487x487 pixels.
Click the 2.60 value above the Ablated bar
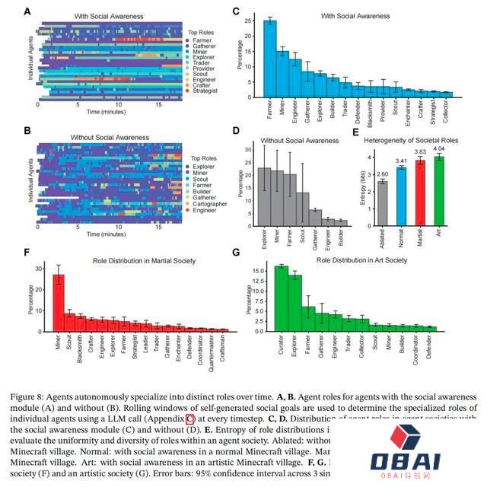click(x=383, y=173)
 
